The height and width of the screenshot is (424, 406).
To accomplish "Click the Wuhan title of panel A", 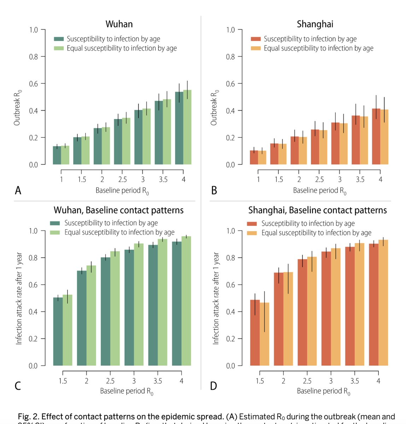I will [119, 24].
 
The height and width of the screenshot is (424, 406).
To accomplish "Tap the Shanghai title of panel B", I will [315, 24].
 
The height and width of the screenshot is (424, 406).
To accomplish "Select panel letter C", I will [18, 385].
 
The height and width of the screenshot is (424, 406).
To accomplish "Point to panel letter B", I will [214, 190].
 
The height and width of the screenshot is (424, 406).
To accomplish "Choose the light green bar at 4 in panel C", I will [186, 301].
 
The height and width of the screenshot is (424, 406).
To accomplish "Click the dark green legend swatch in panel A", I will [59, 39].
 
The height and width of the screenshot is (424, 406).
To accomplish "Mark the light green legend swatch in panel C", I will [55, 232].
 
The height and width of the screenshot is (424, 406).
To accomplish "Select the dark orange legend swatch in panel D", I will [252, 224].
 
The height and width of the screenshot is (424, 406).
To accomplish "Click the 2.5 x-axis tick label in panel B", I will [319, 179].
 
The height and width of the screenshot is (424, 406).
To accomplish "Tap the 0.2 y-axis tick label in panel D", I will [230, 339].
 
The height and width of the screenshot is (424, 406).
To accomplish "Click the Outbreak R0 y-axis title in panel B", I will [214, 107].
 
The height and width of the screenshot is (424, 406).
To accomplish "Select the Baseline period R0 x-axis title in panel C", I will [126, 391].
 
